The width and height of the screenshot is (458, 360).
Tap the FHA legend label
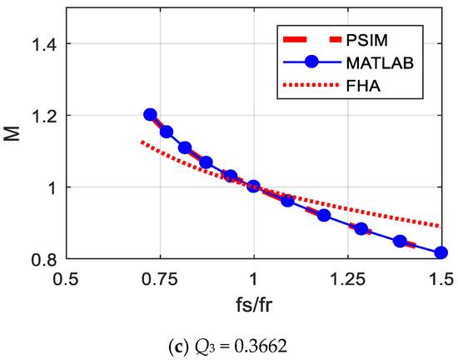tap(363, 85)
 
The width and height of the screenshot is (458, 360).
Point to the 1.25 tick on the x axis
tap(347, 278)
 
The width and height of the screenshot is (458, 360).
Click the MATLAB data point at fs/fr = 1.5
tap(441, 252)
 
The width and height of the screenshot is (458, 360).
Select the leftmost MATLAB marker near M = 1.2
tap(150, 115)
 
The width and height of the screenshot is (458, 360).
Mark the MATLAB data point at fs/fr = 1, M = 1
tap(254, 187)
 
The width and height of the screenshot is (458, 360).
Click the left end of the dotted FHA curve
tap(142, 142)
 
